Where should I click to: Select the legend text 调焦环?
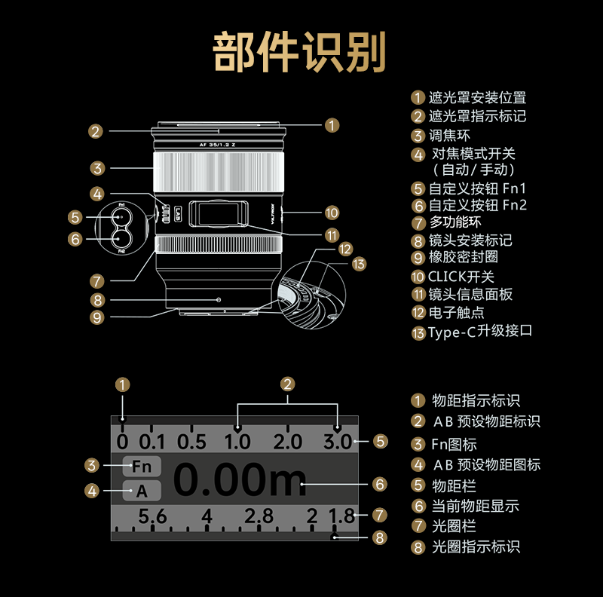(x=450, y=136)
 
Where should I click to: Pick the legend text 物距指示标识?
(x=476, y=401)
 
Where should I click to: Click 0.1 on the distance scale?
(x=152, y=442)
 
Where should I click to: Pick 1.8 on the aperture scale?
(x=341, y=517)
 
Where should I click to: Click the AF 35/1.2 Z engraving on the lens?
(x=218, y=144)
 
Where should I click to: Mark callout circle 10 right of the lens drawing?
(x=332, y=213)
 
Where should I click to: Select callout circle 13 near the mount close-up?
(x=359, y=264)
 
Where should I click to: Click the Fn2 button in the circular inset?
(x=121, y=238)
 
